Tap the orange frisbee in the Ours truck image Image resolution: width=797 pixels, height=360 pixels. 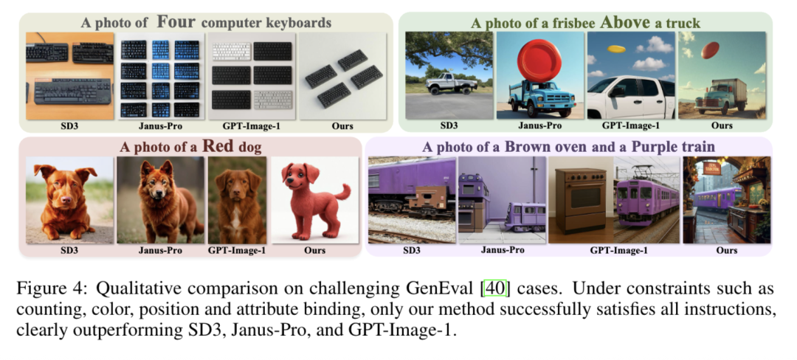710,49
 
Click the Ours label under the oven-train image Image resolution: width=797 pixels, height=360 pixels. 726,251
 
